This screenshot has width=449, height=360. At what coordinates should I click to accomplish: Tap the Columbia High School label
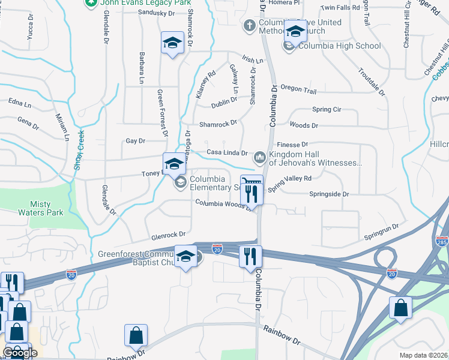[x=339, y=46]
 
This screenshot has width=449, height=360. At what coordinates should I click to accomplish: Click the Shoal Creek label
[x=78, y=151]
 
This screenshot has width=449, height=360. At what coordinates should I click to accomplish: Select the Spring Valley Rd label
[x=290, y=182]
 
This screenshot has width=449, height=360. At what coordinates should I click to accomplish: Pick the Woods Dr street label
[x=304, y=125]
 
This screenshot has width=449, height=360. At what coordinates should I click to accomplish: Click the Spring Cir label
[x=327, y=110]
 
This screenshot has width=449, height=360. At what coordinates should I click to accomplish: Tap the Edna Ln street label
[x=20, y=104]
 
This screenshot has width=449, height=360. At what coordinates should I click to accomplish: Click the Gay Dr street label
[x=135, y=141]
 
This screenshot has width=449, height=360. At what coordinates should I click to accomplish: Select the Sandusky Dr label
[x=155, y=13]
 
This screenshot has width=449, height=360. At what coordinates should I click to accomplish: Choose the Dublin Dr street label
[x=224, y=103]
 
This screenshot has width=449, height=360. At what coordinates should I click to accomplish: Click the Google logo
[x=20, y=353]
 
